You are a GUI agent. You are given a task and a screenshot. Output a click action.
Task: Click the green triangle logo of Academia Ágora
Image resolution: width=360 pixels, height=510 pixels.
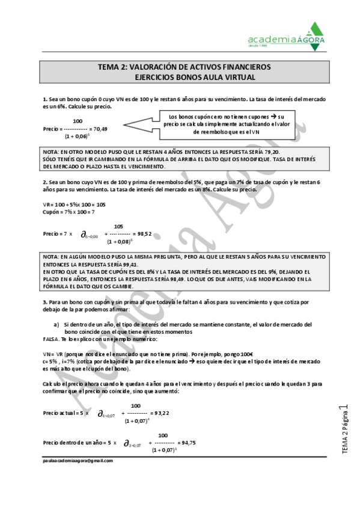click(x=314, y=31)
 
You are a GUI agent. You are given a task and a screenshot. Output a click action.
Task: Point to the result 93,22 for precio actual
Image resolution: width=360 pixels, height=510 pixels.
click(x=160, y=413)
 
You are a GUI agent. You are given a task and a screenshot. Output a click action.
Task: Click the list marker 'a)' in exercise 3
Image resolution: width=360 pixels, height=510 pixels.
click(x=56, y=325)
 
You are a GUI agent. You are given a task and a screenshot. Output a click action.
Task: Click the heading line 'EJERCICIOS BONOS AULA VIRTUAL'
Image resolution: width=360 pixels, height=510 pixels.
click(x=186, y=77)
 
